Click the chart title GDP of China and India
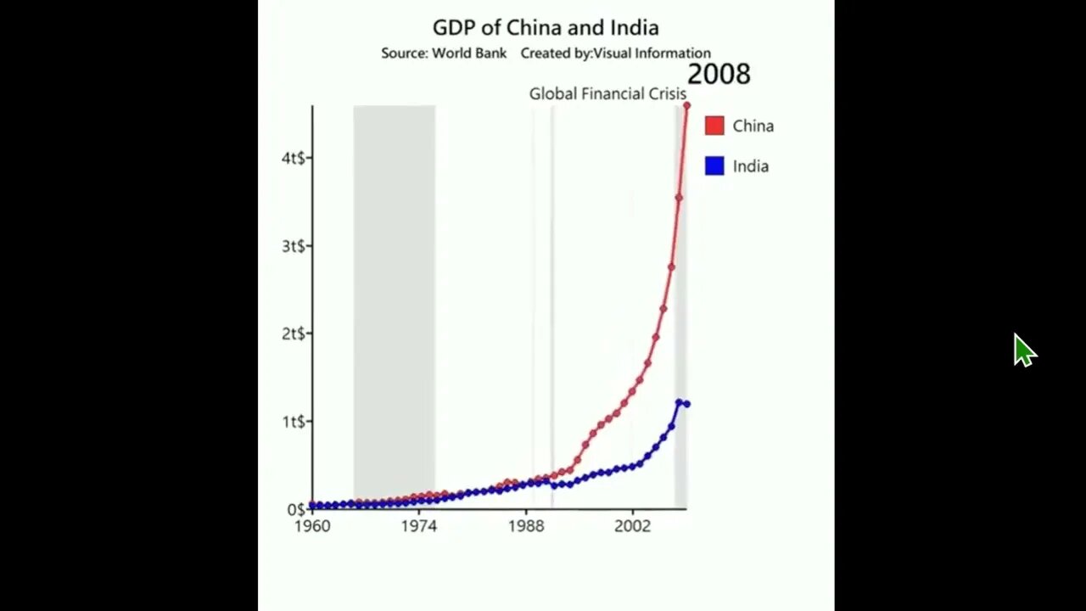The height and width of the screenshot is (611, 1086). coord(546,28)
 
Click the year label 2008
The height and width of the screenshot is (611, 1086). coord(719,74)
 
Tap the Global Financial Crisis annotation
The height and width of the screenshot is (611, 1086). coord(607,93)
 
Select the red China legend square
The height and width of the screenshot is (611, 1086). coord(714,126)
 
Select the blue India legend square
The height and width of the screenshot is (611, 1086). coord(714,166)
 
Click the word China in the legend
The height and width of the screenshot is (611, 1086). coord(753,126)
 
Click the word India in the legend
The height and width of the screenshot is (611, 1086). coord(750,166)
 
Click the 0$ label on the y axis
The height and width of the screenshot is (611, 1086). coord(296,509)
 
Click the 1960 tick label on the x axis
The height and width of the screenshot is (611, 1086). coord(312,526)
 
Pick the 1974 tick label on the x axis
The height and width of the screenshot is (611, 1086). coord(419,526)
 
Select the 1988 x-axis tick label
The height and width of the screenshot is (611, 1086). coord(526,526)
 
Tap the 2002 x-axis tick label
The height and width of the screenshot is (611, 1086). coord(632,526)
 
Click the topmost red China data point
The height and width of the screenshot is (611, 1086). coord(686,105)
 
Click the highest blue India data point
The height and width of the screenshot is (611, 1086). coord(679,402)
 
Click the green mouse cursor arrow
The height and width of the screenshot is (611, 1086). coord(1024,350)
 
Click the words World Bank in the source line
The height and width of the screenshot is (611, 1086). coord(469,53)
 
